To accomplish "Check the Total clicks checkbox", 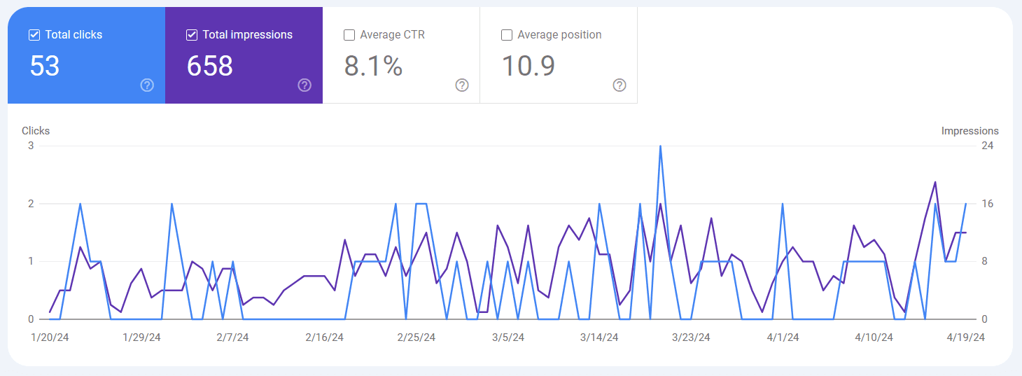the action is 34,35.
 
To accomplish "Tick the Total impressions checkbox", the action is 192,35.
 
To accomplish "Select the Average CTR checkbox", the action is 349,35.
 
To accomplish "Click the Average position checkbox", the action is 506,35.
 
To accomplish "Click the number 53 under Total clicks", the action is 45,66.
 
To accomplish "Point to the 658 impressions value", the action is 210,66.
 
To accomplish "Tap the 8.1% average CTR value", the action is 373,66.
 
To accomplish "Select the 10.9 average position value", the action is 528,66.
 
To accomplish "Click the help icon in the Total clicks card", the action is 147,85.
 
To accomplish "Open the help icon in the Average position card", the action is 619,85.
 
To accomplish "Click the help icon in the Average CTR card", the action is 462,85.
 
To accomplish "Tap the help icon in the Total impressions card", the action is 304,85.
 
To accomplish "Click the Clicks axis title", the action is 36,131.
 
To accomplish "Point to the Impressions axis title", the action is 969,131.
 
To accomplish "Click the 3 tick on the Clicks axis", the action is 31,146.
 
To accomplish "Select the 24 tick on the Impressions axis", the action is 987,146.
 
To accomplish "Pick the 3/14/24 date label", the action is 599,337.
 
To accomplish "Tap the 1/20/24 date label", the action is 50,337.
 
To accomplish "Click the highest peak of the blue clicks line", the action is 660,146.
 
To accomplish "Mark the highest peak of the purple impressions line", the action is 935,183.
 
